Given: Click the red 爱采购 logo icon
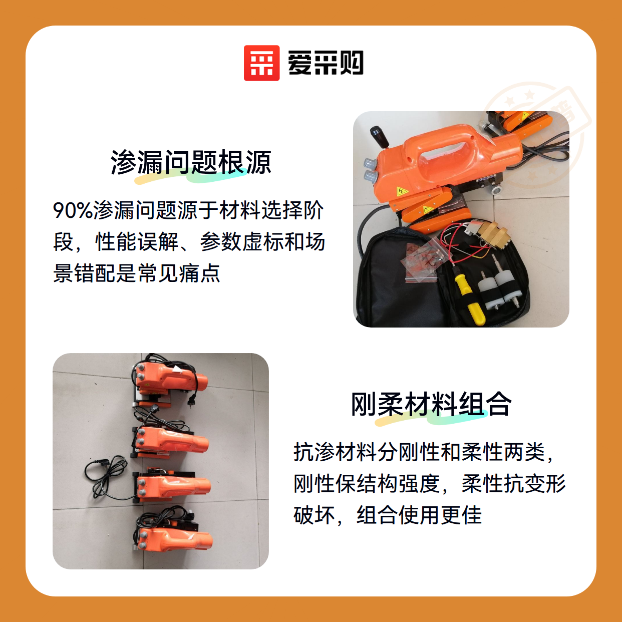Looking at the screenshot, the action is pyautogui.click(x=261, y=63).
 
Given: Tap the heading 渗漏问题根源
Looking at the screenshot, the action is pyautogui.click(x=191, y=162).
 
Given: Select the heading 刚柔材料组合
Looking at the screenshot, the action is pyautogui.click(x=431, y=404).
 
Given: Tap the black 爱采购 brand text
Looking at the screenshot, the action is pyautogui.click(x=326, y=63).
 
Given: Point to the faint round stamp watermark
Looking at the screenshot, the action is pyautogui.click(x=536, y=136).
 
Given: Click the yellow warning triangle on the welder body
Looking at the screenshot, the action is pyautogui.click(x=402, y=191).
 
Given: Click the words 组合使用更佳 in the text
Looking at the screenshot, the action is pyautogui.click(x=419, y=515).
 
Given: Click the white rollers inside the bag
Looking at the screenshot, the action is pyautogui.click(x=499, y=289).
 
